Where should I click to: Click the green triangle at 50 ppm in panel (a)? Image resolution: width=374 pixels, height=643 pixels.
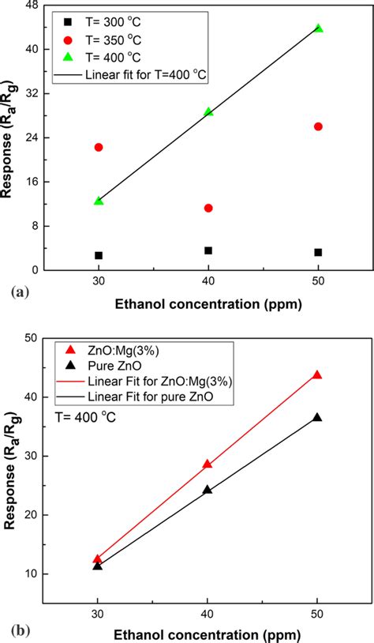[318, 28]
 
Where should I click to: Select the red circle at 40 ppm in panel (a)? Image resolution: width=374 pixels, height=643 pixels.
[208, 208]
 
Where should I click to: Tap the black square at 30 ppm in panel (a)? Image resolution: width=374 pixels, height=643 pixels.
[99, 255]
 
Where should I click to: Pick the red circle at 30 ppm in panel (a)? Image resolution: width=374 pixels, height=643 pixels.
[99, 147]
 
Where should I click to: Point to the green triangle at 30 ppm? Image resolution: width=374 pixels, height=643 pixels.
[99, 201]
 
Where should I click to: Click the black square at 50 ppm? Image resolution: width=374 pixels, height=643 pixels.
[318, 252]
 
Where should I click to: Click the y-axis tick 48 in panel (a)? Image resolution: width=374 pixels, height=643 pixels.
[34, 5]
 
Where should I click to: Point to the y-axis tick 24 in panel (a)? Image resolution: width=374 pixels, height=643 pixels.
[34, 137]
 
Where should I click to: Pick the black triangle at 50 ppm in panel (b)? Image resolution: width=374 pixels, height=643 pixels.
[317, 417]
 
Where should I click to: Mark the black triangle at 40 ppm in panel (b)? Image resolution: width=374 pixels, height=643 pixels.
[208, 490]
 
